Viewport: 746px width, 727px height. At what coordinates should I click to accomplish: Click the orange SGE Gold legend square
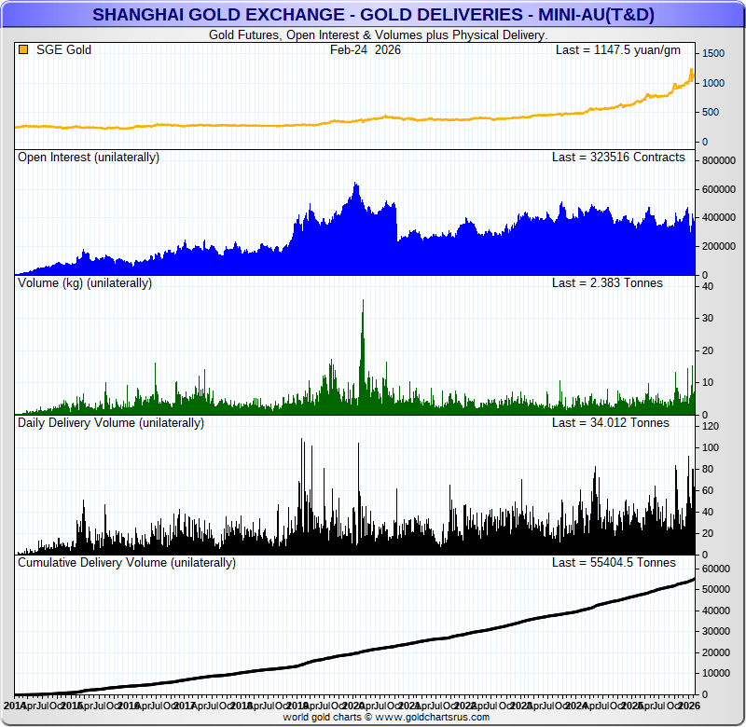pos(23,49)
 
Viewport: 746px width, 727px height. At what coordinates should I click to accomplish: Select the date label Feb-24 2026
pos(366,49)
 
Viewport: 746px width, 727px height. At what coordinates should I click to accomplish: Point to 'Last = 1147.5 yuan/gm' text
pos(618,49)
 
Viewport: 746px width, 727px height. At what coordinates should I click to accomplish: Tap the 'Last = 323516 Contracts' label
pos(618,158)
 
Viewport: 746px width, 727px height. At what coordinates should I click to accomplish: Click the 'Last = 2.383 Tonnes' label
pos(607,282)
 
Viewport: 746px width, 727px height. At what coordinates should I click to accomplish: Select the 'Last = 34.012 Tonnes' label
pos(611,422)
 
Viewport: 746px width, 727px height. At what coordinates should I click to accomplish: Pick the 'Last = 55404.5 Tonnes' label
pos(614,562)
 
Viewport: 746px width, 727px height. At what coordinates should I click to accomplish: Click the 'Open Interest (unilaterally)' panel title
pos(89,158)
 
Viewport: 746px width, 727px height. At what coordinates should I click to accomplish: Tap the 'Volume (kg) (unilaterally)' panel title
pos(85,282)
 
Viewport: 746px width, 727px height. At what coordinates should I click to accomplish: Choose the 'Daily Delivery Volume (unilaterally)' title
pos(110,422)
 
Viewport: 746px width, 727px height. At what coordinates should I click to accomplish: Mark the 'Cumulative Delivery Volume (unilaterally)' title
pos(127,562)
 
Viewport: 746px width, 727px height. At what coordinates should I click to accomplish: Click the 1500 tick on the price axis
pos(712,54)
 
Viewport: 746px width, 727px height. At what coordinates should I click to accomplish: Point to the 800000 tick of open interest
pos(720,161)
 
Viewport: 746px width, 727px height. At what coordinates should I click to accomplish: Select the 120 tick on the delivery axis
pos(711,426)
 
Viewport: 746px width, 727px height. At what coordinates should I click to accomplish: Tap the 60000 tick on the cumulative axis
pos(717,569)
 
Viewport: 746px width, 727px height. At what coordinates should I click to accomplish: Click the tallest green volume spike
pos(363,308)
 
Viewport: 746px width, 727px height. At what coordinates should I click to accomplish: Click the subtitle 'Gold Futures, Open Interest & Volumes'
pos(377,34)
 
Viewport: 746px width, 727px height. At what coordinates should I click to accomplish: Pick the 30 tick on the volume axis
pos(708,319)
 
